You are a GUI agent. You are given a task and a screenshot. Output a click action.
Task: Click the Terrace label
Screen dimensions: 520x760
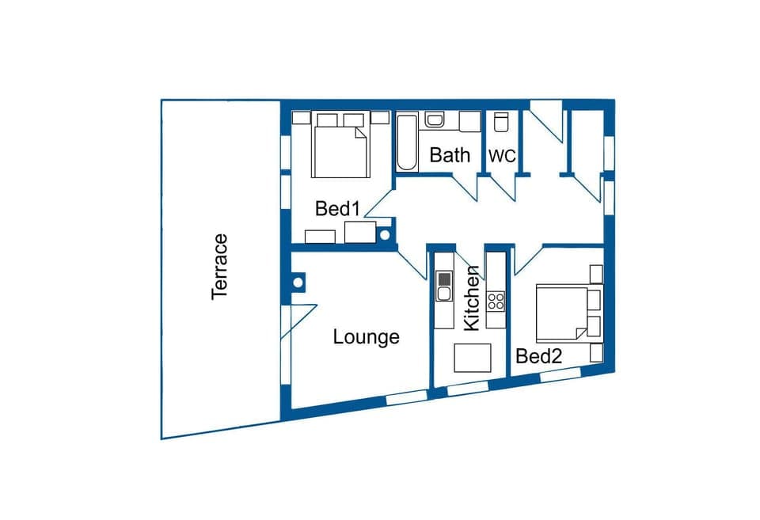point(219,266)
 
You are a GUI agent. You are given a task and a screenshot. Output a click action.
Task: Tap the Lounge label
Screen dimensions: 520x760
point(366,336)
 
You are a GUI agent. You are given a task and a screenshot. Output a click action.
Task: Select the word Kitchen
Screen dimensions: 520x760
point(471,298)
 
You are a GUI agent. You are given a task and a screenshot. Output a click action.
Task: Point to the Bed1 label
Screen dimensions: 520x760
point(338,209)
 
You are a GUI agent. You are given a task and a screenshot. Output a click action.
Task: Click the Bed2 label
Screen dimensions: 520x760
point(538,356)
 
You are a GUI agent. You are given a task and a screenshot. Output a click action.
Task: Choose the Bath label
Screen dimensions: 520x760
point(450,155)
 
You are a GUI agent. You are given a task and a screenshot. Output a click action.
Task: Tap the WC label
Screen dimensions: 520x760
point(502,156)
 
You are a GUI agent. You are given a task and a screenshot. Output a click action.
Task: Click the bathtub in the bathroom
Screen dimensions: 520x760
point(406,143)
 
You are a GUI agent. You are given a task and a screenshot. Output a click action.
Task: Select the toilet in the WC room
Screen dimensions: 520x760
point(500,123)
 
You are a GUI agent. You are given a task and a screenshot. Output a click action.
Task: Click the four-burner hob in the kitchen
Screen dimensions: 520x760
point(496,301)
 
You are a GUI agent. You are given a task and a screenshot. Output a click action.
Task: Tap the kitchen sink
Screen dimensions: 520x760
point(444,287)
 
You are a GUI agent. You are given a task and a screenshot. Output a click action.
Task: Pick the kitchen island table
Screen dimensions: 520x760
point(473,358)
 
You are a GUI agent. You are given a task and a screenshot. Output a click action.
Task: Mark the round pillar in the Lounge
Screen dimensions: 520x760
point(299,282)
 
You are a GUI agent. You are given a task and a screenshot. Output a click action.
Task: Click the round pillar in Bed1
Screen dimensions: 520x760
point(386,234)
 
